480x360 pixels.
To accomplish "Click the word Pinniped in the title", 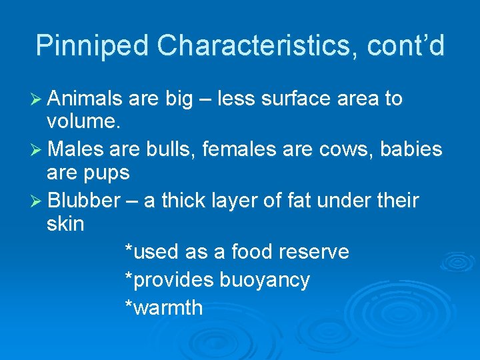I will (x=93, y=46).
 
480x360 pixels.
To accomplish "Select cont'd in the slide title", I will (x=408, y=46).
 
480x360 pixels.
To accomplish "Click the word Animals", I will (x=85, y=99).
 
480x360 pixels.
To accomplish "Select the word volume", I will (x=83, y=123).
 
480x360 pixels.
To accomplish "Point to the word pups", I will (x=107, y=174).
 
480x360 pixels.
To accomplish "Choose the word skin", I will (x=65, y=224).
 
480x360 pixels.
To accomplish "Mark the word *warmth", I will (x=164, y=308).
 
